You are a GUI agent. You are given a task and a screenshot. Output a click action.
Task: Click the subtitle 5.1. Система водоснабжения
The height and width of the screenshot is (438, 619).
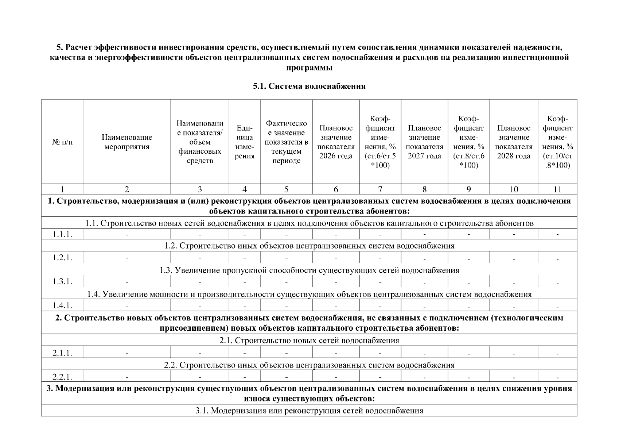pyautogui.click(x=309, y=86)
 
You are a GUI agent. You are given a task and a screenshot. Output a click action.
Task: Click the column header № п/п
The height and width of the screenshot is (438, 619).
pyautogui.click(x=62, y=142)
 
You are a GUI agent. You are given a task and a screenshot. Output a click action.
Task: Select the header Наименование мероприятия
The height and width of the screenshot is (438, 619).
pyautogui.click(x=127, y=142)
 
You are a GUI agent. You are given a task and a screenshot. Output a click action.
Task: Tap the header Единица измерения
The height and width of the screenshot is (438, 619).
pyautogui.click(x=245, y=142)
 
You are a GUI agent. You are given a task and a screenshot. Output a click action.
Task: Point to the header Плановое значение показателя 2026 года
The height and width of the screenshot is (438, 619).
pyautogui.click(x=336, y=142)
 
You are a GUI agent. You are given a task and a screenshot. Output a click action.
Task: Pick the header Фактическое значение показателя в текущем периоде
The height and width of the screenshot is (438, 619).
pyautogui.click(x=286, y=142)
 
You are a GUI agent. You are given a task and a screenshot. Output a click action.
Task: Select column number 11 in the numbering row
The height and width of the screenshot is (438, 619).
pyautogui.click(x=557, y=189)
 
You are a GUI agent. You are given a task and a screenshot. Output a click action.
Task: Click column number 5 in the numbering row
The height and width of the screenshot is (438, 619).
pyautogui.click(x=286, y=189)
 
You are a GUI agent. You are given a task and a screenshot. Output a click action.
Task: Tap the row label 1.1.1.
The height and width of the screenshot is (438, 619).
pyautogui.click(x=62, y=234)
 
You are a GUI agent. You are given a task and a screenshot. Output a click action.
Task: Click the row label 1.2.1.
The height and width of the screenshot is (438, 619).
pyautogui.click(x=62, y=258)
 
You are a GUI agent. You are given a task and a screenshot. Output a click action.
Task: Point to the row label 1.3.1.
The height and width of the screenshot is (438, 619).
pyautogui.click(x=62, y=281)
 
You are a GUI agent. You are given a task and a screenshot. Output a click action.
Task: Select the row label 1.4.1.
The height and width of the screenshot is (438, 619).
pyautogui.click(x=62, y=305)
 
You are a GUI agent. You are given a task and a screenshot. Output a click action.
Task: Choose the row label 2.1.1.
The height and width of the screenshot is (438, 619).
pyautogui.click(x=62, y=353)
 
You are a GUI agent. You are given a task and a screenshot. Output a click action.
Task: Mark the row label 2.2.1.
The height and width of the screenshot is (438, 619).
pyautogui.click(x=62, y=376)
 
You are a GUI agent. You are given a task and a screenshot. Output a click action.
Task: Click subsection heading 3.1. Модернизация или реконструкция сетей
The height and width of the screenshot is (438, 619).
pyautogui.click(x=309, y=411)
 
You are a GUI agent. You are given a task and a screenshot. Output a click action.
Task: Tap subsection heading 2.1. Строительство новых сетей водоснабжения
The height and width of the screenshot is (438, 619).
pyautogui.click(x=309, y=341)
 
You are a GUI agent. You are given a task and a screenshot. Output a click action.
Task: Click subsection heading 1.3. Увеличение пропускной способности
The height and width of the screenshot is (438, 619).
pyautogui.click(x=309, y=270)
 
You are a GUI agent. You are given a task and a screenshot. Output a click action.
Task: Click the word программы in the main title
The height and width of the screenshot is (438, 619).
pyautogui.click(x=309, y=68)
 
